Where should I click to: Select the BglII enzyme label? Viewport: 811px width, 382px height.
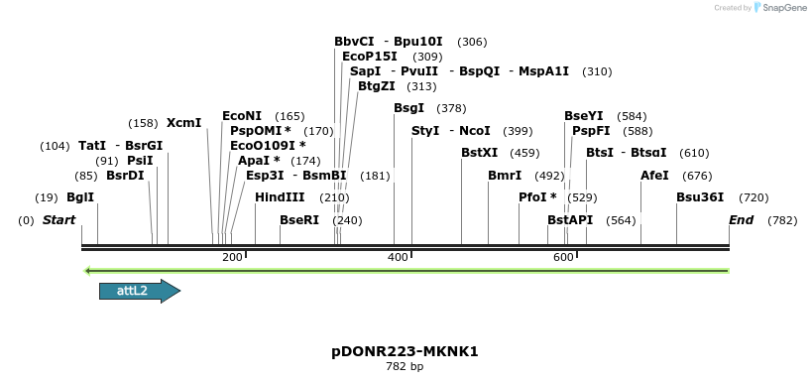(x=80, y=197)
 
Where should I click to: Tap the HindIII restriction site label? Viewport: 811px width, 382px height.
(x=280, y=197)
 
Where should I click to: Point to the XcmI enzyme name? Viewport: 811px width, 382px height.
(x=183, y=123)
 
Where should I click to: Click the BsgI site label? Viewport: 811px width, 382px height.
(x=408, y=108)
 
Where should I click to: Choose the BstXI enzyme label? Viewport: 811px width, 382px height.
(x=480, y=153)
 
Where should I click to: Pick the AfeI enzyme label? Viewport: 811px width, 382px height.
(x=655, y=175)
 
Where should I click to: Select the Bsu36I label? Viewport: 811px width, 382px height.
(x=700, y=197)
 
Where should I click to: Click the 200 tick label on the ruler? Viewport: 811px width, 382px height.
(x=232, y=258)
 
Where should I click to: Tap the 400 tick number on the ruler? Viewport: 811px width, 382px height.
(x=399, y=258)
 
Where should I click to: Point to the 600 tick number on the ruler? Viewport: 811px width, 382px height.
(x=564, y=258)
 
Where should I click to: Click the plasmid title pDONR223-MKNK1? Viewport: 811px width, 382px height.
(x=405, y=352)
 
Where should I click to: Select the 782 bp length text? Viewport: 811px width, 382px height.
(x=405, y=367)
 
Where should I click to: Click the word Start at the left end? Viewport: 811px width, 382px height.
(x=58, y=219)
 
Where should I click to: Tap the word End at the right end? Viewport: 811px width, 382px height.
(x=741, y=219)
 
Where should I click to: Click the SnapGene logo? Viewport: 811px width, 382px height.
(x=783, y=8)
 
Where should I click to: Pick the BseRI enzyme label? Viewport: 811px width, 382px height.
(x=299, y=219)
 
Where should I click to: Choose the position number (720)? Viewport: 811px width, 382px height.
(x=753, y=197)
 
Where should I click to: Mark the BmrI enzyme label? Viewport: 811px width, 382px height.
(x=505, y=175)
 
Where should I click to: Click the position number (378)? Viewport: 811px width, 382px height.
(x=451, y=108)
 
